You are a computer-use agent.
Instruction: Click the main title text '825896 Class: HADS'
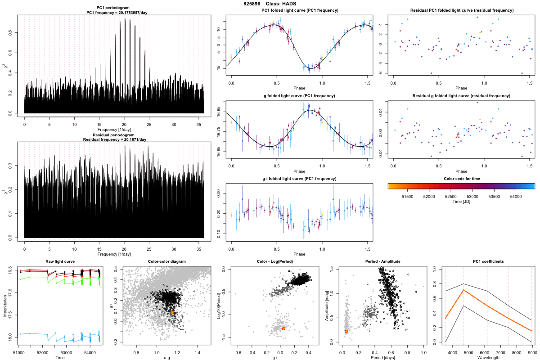(269, 4)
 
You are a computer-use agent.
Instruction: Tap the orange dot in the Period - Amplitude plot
(346, 332)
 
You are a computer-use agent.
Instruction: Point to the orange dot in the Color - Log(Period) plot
(283, 328)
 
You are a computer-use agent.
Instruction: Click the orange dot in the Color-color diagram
(172, 312)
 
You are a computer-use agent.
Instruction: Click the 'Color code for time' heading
(461, 179)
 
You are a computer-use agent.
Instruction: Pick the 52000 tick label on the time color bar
(429, 196)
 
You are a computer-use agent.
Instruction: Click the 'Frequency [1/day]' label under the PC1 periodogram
(114, 130)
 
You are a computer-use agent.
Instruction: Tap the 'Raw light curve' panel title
(60, 261)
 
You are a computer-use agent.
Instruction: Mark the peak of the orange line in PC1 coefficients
(463, 290)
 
